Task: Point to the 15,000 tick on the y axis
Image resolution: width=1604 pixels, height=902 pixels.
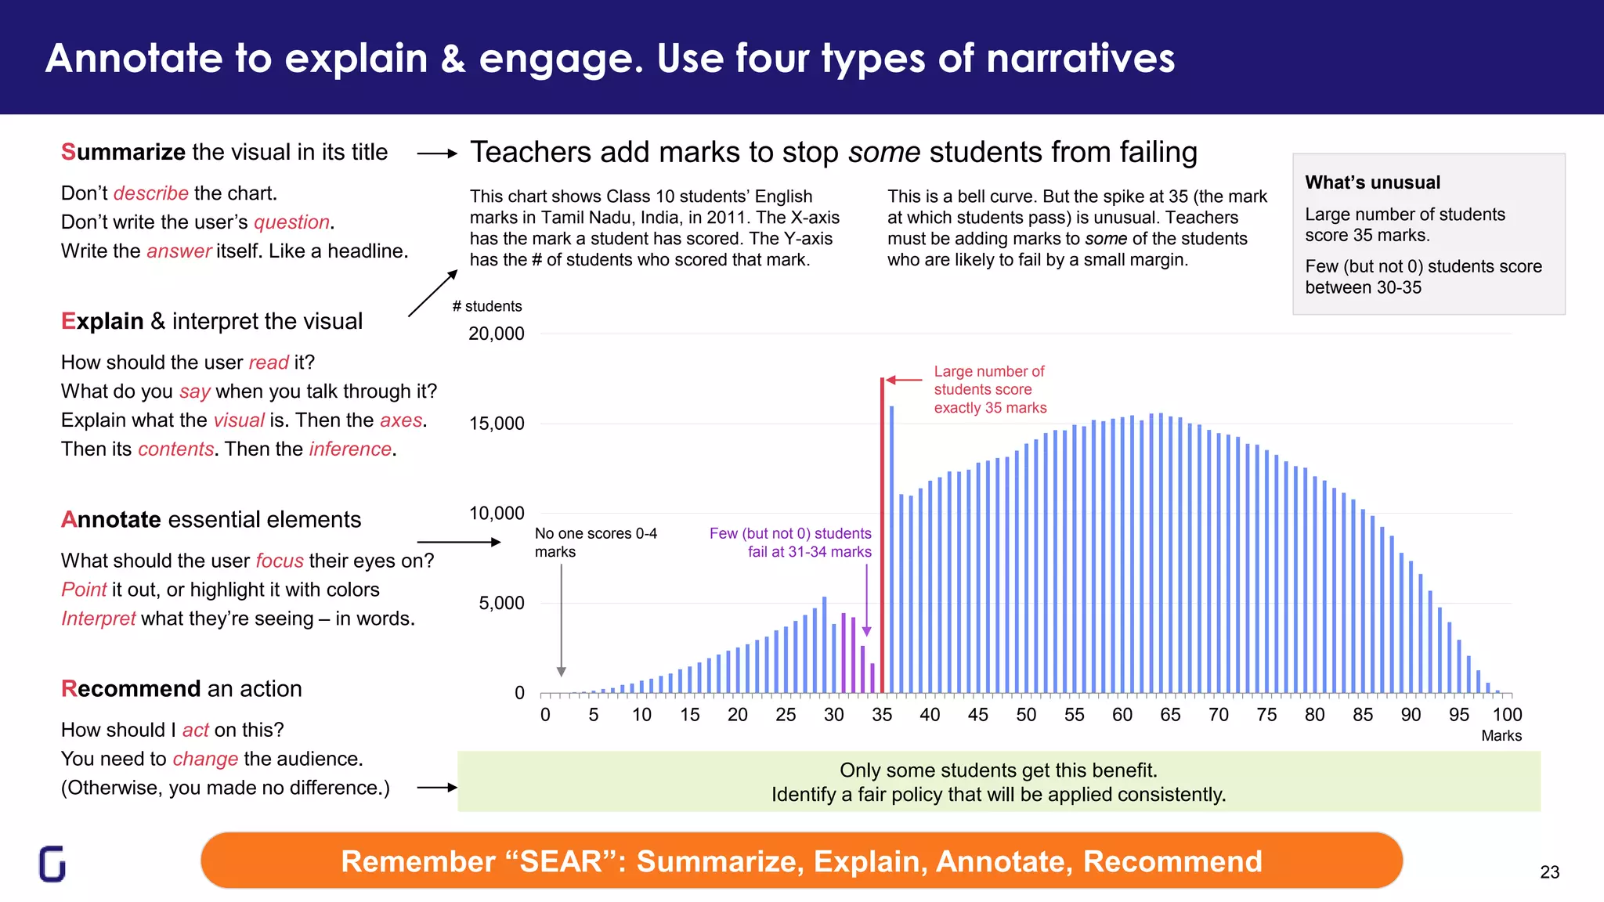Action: click(x=497, y=424)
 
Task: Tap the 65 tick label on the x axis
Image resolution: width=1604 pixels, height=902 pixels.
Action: click(x=1170, y=715)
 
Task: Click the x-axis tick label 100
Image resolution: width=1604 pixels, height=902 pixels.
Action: click(x=1507, y=715)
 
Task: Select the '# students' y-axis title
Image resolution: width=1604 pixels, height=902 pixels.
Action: click(x=487, y=306)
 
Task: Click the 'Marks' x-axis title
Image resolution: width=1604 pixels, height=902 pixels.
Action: click(x=1501, y=736)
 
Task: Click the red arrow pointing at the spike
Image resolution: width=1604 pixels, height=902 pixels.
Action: click(x=904, y=380)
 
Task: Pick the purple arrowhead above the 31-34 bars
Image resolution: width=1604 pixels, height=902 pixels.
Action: click(x=866, y=631)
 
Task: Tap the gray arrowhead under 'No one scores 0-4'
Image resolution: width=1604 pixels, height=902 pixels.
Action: click(x=561, y=672)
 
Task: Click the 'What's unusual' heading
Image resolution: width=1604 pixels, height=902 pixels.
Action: click(x=1372, y=182)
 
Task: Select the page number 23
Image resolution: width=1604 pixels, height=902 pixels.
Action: click(x=1549, y=872)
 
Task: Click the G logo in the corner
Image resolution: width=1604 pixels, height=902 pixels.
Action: click(x=52, y=864)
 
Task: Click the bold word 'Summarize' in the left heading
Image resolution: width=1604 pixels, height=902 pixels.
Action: click(x=123, y=152)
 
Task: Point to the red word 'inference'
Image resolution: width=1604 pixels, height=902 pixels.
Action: click(x=350, y=449)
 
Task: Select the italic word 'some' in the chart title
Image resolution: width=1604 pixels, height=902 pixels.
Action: click(x=883, y=153)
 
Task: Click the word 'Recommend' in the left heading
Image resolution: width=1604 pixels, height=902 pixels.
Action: click(x=131, y=689)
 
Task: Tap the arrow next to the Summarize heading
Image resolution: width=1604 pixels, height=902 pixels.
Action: click(x=437, y=154)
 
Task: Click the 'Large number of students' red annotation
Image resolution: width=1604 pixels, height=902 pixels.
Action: click(x=989, y=389)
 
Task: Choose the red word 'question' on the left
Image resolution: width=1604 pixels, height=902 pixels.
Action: click(x=291, y=222)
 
